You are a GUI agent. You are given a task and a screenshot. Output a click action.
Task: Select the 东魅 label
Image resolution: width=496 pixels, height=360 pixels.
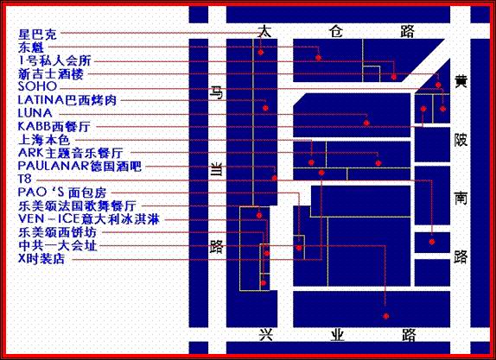coord(31,47)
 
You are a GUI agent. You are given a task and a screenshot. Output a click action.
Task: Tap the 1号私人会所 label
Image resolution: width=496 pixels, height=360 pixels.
coord(55,60)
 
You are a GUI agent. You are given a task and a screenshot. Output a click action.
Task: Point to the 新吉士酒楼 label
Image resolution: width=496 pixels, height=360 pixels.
coord(51,74)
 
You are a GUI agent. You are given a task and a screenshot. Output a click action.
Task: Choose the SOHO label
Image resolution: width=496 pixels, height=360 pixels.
coord(38,86)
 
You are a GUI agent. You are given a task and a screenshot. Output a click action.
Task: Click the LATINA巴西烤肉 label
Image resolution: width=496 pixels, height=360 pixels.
coord(67,100)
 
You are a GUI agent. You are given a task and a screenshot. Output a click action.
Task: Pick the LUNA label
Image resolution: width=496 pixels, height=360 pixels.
coord(35,113)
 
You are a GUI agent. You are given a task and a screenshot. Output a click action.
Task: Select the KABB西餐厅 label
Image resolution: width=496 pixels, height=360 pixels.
coord(54,127)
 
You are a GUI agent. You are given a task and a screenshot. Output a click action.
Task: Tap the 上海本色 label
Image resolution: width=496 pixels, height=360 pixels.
coord(44,140)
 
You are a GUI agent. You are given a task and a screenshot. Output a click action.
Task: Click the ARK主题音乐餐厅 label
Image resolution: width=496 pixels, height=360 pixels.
coord(71,154)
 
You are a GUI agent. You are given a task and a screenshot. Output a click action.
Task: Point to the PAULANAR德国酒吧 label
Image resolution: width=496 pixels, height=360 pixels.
coord(79,167)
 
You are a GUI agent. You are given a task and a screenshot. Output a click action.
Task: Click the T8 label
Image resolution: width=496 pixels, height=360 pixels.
coord(25,179)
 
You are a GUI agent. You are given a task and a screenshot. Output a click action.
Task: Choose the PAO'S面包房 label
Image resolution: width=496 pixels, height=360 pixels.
coord(62,193)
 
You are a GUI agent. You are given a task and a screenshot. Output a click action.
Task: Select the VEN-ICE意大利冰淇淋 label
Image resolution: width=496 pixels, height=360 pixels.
coord(89,219)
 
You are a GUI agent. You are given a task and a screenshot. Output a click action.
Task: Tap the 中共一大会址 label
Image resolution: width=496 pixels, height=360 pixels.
coord(58,245)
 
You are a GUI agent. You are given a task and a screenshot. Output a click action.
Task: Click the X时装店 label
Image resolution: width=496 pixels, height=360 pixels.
coord(41,259)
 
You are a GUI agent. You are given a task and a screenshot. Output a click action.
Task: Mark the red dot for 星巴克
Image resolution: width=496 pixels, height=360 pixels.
coord(261,52)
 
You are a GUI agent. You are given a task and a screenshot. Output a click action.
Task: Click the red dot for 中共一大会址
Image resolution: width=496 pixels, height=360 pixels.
coord(385,316)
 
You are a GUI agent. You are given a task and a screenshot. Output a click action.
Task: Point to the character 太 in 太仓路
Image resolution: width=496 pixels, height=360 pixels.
coord(264,32)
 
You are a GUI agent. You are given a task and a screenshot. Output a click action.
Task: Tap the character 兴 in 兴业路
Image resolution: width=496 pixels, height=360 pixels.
coord(266,335)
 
